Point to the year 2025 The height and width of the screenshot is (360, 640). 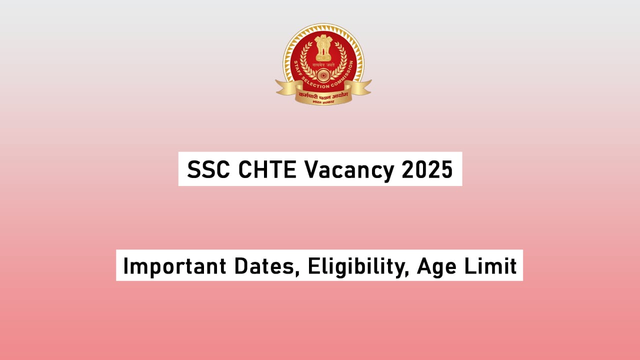[427, 170]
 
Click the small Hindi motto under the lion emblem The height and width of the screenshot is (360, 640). [323, 63]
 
